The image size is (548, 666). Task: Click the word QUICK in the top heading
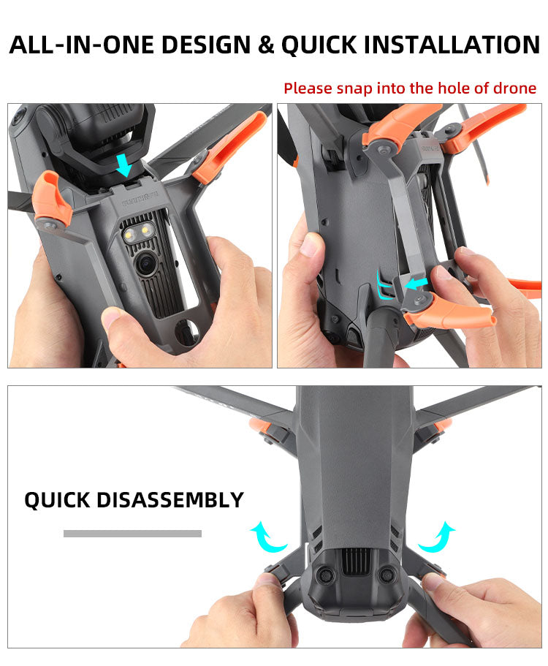(x=319, y=45)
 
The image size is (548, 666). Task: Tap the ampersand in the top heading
(x=266, y=45)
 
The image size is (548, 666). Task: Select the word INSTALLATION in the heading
(x=452, y=45)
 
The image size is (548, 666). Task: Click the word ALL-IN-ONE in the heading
(x=82, y=45)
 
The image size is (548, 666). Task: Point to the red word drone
(x=514, y=88)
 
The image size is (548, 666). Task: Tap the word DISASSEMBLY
(x=170, y=500)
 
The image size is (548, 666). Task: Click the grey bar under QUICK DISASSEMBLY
(x=132, y=534)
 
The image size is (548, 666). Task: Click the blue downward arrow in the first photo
(x=124, y=165)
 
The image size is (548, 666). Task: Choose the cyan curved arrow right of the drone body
(x=437, y=537)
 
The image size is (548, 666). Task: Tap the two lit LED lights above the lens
(x=138, y=232)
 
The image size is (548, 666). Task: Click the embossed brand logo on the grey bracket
(x=140, y=199)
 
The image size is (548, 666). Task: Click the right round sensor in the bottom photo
(x=387, y=575)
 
